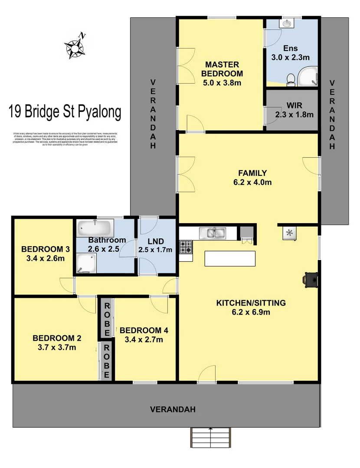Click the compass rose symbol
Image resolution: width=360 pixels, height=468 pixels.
[75, 45]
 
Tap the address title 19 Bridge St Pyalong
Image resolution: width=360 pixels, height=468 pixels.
[65, 112]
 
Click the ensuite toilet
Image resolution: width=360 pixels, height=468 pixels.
[291, 78]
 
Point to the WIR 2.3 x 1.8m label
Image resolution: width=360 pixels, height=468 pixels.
[294, 110]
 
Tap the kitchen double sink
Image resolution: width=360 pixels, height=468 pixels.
[212, 233]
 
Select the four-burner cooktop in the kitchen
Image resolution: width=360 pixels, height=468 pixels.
[186, 247]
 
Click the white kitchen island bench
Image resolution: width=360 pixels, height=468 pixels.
[229, 259]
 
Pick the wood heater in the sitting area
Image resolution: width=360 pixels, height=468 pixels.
[312, 279]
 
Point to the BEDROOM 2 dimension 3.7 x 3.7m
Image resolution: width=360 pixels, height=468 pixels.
[55, 347]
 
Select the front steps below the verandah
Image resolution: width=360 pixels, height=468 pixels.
[210, 438]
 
